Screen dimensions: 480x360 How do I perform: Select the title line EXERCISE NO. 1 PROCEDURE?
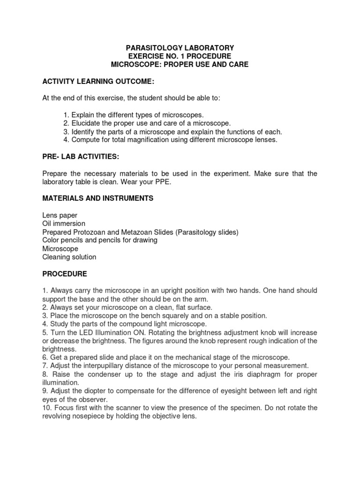tap(180, 56)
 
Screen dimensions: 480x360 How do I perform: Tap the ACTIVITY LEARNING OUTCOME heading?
tap(98, 82)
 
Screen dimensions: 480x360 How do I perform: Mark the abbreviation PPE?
tap(163, 182)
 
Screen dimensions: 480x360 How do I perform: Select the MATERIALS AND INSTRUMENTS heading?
tap(97, 199)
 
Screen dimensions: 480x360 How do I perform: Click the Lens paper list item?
tap(60, 215)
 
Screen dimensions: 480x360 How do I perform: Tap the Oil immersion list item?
tap(64, 224)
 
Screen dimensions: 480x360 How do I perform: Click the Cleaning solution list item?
tap(69, 257)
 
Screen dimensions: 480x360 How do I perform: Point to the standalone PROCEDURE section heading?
tap(64, 274)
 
